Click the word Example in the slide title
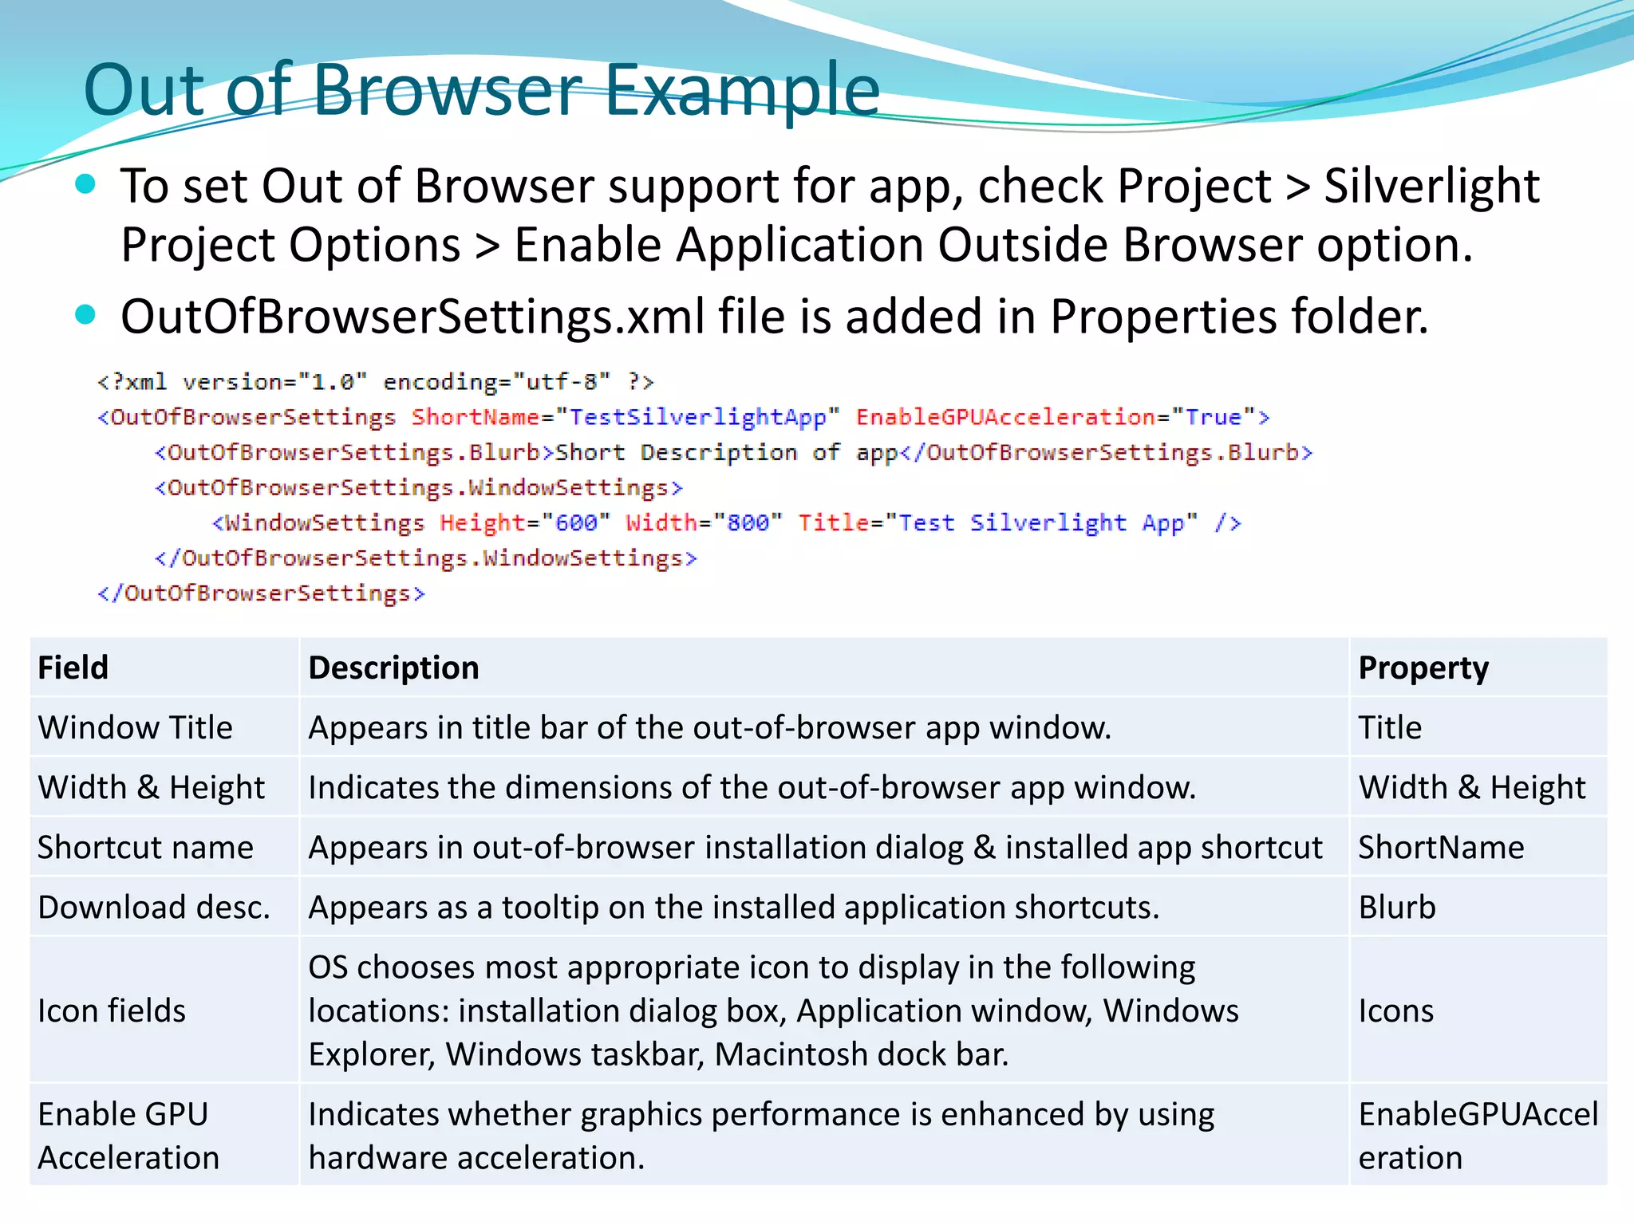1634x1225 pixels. click(742, 90)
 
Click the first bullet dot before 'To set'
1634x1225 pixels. click(85, 185)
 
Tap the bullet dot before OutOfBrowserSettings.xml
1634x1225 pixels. click(85, 314)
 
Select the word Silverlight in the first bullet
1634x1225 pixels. click(1431, 187)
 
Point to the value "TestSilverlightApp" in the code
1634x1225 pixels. click(697, 417)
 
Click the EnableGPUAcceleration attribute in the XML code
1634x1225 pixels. click(1005, 417)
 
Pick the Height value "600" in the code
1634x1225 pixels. click(576, 523)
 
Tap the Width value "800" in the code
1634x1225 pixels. click(748, 523)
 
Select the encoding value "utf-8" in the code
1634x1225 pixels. click(562, 382)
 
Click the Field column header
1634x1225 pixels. click(73, 668)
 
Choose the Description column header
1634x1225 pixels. click(393, 668)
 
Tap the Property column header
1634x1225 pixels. click(1423, 668)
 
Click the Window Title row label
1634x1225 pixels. click(136, 727)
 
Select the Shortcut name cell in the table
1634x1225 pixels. click(145, 847)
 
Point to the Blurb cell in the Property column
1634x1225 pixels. click(1397, 908)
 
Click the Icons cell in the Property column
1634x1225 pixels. click(1396, 1010)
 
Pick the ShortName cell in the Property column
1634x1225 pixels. click(1441, 847)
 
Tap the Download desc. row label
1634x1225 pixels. click(154, 908)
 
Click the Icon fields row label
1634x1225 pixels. click(112, 1010)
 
